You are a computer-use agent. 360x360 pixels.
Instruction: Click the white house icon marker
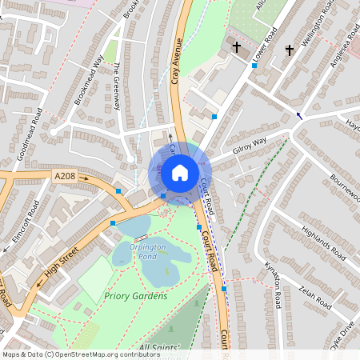click(180, 172)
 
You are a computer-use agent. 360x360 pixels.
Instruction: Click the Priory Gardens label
click(136, 296)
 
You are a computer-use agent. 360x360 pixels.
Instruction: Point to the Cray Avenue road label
click(178, 64)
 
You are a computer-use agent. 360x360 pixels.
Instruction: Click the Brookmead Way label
click(89, 80)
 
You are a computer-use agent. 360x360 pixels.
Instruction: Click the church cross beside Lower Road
click(236, 48)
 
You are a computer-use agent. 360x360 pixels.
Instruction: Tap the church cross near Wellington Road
click(289, 50)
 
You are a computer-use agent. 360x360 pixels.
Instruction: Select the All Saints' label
click(159, 347)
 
